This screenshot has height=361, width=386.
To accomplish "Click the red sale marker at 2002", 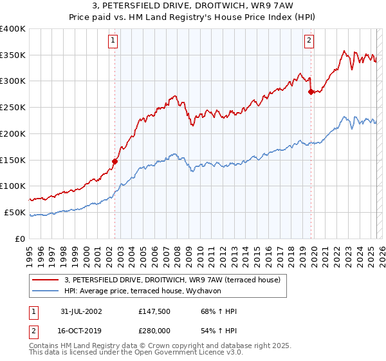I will coord(115,161).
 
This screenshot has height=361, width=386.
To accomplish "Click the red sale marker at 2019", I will coord(311,92).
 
